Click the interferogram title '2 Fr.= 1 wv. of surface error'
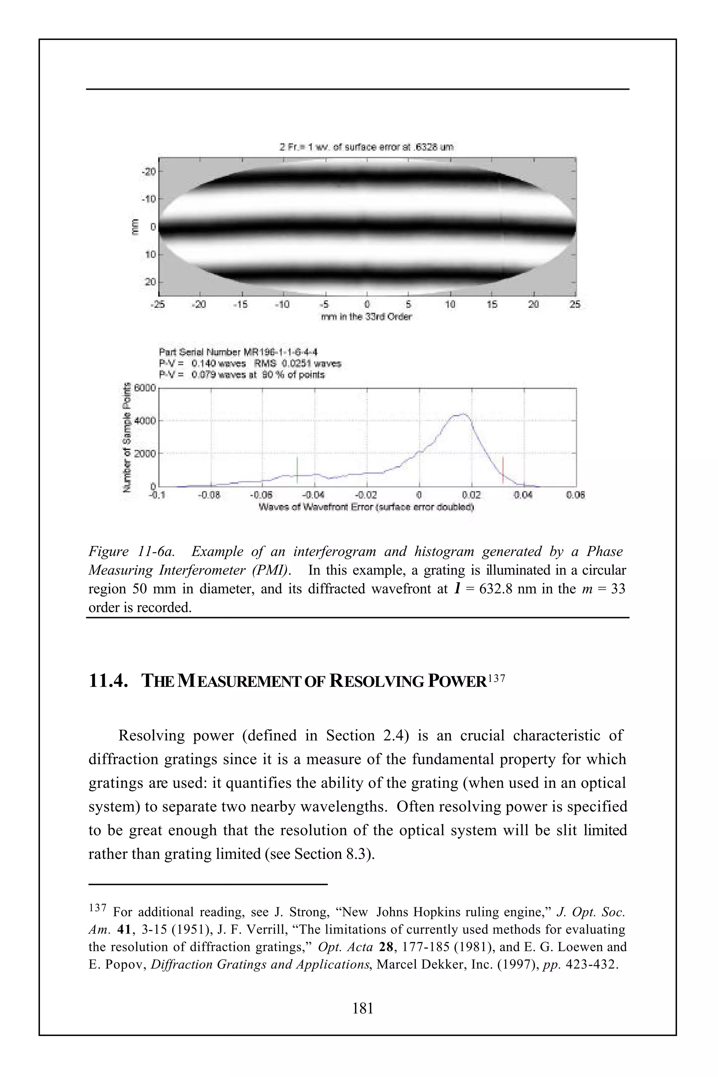click(366, 147)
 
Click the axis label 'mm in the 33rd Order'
click(366, 317)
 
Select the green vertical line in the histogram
click(297, 470)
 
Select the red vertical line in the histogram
click(503, 470)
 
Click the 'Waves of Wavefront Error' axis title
click(366, 507)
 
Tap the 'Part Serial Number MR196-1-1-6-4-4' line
click(238, 352)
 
